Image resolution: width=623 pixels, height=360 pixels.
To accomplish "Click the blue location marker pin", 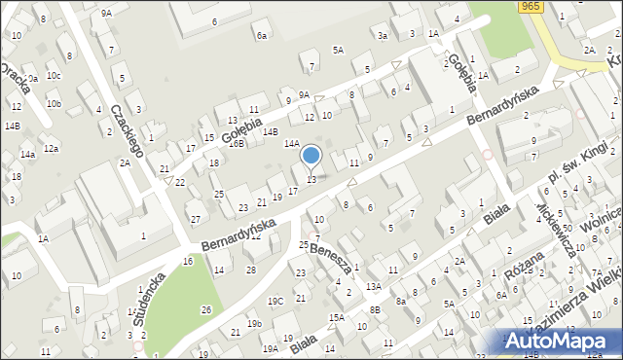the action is pyautogui.click(x=311, y=156).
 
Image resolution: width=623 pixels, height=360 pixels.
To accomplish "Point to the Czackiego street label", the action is pyautogui.click(x=128, y=131).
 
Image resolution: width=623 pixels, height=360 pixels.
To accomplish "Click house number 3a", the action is pyautogui.click(x=383, y=36).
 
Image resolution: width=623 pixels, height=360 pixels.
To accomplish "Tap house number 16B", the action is pyautogui.click(x=237, y=143).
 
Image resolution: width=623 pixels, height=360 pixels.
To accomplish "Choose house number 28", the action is pyautogui.click(x=250, y=270).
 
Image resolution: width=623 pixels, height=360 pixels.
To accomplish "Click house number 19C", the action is pyautogui.click(x=275, y=301).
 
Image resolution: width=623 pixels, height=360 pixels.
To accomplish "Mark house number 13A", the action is pyautogui.click(x=373, y=286).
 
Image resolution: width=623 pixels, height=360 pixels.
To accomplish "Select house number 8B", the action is pyautogui.click(x=375, y=309).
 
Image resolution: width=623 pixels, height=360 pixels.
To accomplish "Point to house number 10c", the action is pyautogui.click(x=54, y=75).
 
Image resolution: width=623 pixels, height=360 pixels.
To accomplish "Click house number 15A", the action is pyautogui.click(x=336, y=318).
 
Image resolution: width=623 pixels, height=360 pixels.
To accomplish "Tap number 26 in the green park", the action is pyautogui.click(x=205, y=309).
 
